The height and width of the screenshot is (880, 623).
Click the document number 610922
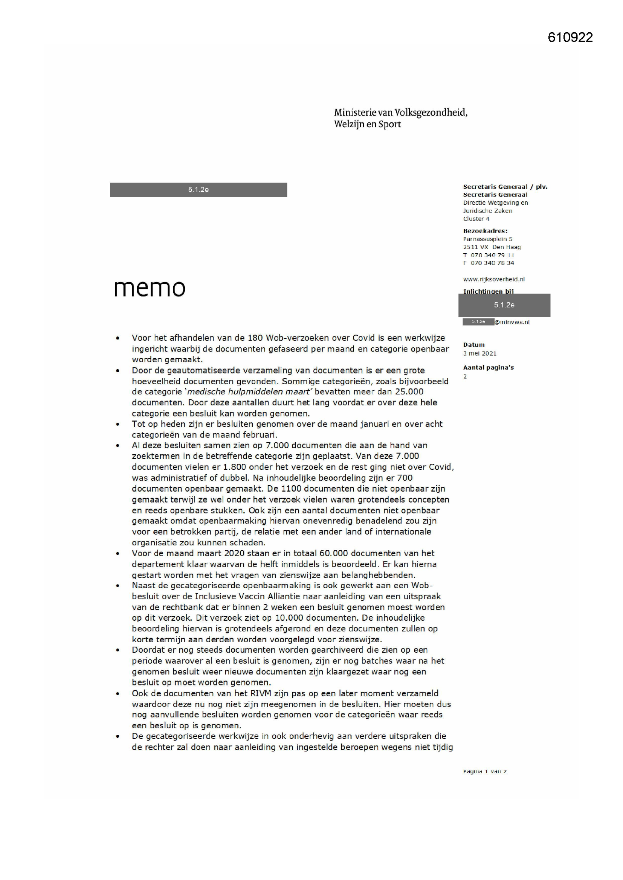coord(570,38)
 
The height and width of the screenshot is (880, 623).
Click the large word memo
coord(150,288)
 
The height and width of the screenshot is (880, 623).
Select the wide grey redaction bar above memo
coord(199,190)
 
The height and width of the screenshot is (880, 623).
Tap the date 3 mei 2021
coord(479,353)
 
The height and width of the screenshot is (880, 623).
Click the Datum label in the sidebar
coord(474,345)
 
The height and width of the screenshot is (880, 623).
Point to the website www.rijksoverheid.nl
coord(494,279)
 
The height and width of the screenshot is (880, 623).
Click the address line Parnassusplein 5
coord(487,239)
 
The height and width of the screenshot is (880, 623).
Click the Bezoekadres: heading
coord(485,231)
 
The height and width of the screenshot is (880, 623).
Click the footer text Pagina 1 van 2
coord(484,772)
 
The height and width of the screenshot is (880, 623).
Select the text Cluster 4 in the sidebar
coord(476,219)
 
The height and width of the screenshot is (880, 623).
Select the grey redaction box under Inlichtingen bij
coord(504,306)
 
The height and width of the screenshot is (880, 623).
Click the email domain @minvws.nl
coord(512,322)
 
